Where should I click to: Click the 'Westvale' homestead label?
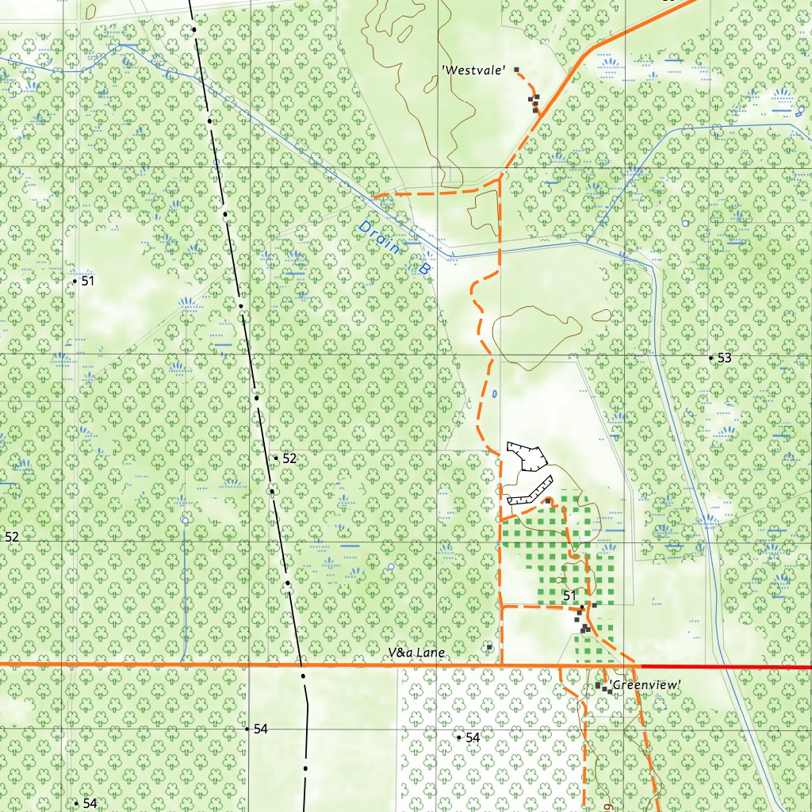point(474,71)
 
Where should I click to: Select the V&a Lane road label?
point(417,653)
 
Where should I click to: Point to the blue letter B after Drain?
point(423,270)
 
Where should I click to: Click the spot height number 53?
point(724,358)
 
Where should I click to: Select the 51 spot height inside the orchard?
point(569,596)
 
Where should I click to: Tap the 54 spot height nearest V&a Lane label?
point(473,737)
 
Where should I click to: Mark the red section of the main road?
point(726,667)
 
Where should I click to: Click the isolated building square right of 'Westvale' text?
point(517,70)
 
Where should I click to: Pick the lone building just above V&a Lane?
point(489,648)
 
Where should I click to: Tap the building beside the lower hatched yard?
point(548,501)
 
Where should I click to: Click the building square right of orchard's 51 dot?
point(594,604)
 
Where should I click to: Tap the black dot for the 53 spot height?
point(710,358)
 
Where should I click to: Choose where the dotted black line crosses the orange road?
point(302,665)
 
